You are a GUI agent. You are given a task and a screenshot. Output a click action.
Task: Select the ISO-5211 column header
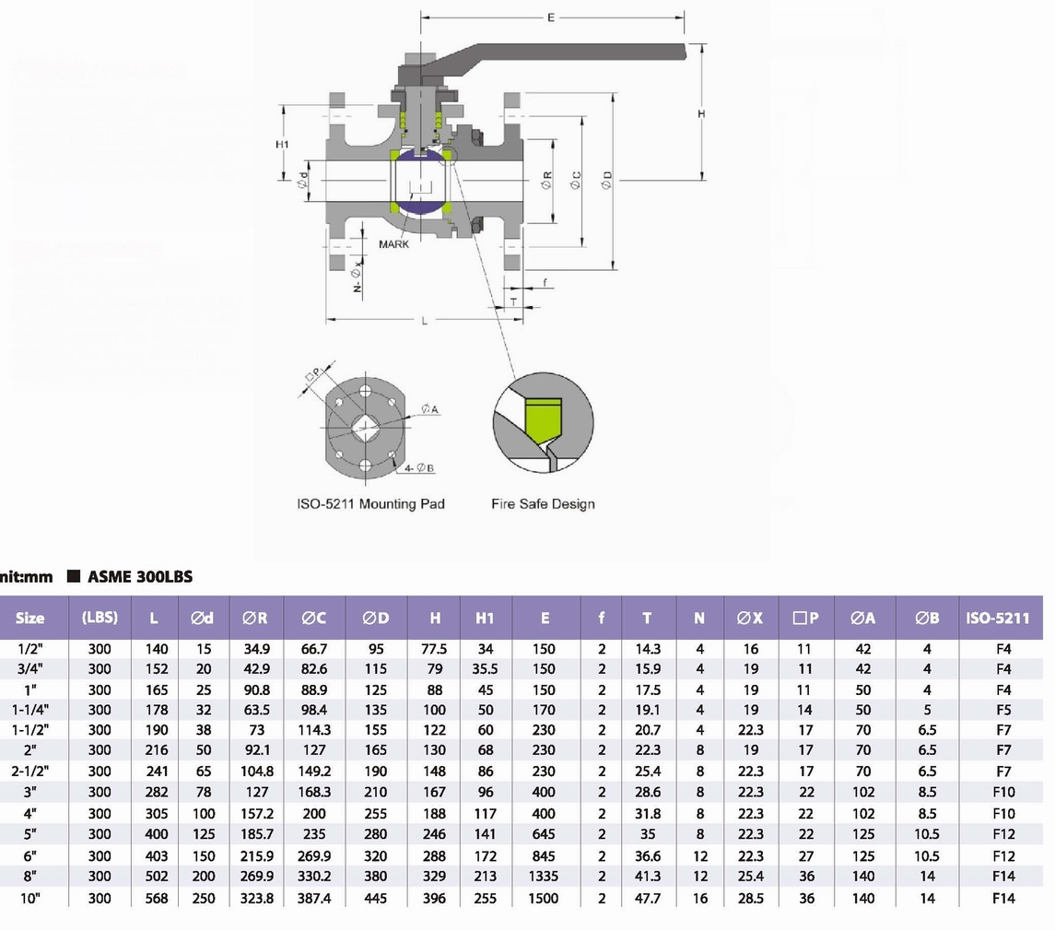pyautogui.click(x=998, y=619)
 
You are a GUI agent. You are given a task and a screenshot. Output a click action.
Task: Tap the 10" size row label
pyautogui.click(x=30, y=898)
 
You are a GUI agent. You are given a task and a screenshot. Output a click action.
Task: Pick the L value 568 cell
pyautogui.click(x=157, y=898)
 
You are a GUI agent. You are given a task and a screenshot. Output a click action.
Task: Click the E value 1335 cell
pyautogui.click(x=544, y=877)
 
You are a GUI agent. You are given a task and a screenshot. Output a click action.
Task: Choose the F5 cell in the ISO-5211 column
pyautogui.click(x=1003, y=710)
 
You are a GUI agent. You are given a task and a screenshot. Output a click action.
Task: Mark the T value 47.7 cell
pyautogui.click(x=648, y=898)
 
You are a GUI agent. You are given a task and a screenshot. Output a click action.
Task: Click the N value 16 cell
pyautogui.click(x=699, y=898)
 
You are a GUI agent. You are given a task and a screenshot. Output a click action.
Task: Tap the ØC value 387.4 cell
pyautogui.click(x=315, y=898)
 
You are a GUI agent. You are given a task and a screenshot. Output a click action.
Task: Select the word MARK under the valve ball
pyautogui.click(x=393, y=244)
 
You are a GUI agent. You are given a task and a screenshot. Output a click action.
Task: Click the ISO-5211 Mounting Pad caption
pyautogui.click(x=370, y=503)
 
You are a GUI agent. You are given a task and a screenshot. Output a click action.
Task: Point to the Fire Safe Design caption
pyautogui.click(x=543, y=503)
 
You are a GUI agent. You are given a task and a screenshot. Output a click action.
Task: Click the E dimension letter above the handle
pyautogui.click(x=551, y=18)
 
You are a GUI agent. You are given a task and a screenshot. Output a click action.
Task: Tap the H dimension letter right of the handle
pyautogui.click(x=701, y=113)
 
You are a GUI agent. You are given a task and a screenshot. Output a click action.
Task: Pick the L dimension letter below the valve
pyautogui.click(x=425, y=321)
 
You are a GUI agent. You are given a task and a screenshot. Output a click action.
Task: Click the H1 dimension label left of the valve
pyautogui.click(x=283, y=145)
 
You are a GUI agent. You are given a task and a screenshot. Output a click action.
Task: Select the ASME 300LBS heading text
pyautogui.click(x=140, y=577)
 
